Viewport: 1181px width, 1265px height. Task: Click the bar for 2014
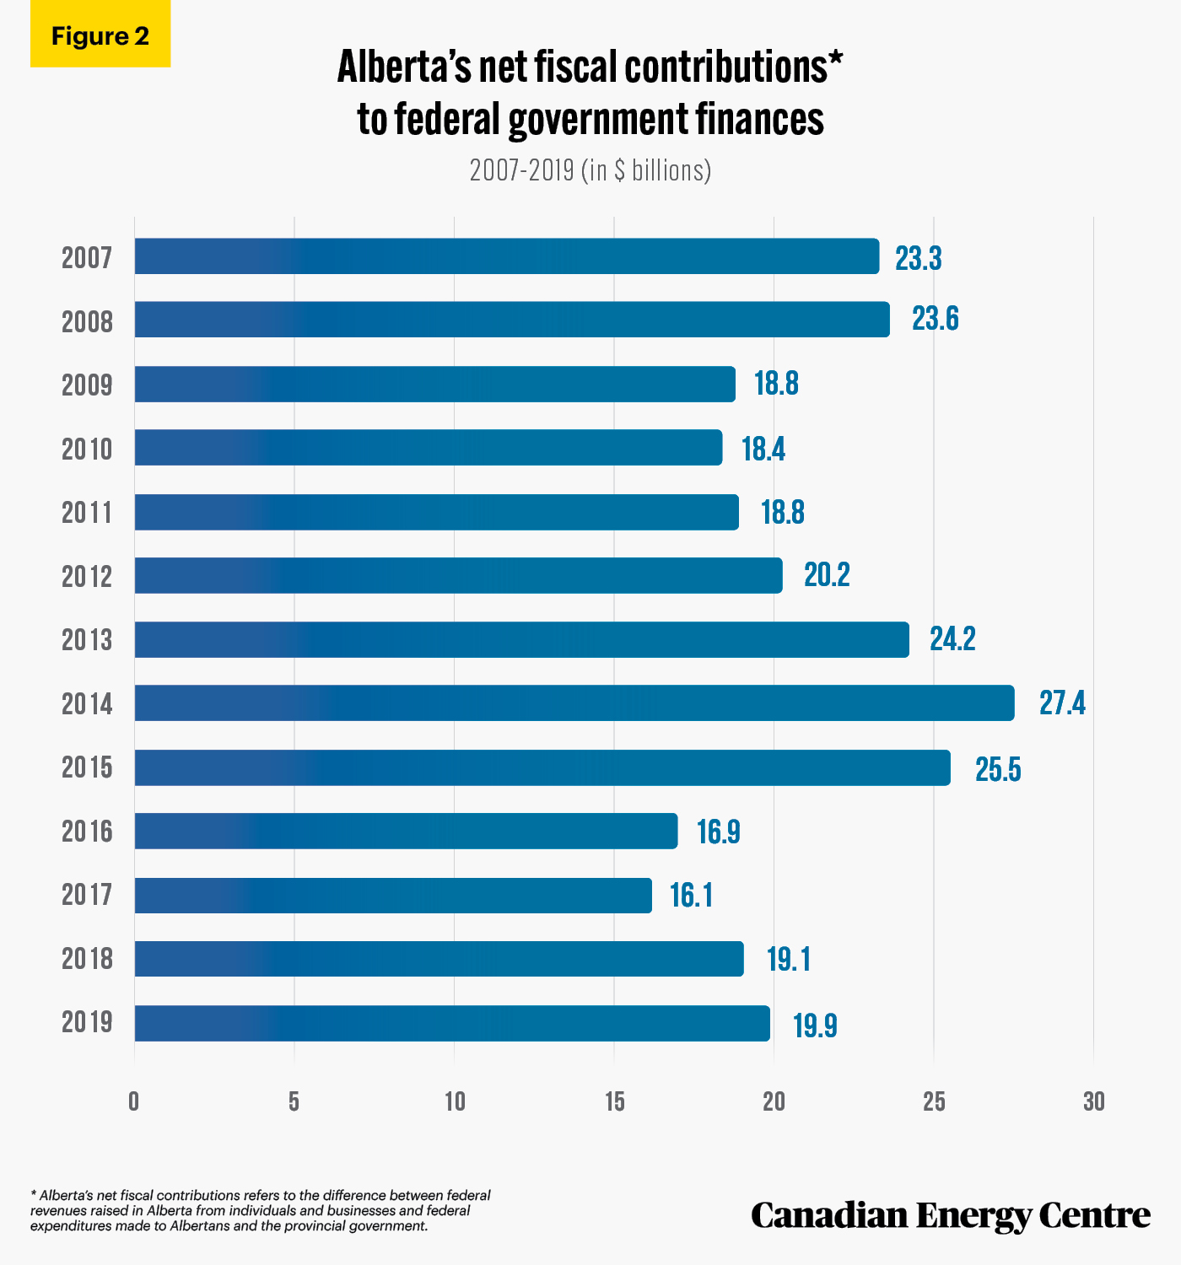click(x=574, y=702)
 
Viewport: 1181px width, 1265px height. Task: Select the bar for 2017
click(x=393, y=895)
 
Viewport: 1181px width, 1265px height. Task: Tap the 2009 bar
click(x=434, y=384)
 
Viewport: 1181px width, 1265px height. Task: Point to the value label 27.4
click(x=1062, y=702)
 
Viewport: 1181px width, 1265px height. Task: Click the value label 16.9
click(x=718, y=832)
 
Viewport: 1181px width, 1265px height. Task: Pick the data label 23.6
click(x=935, y=319)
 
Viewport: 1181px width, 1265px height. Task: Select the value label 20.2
click(x=827, y=574)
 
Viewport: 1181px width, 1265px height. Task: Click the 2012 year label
click(x=87, y=577)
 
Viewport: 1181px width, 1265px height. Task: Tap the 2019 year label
click(x=87, y=1021)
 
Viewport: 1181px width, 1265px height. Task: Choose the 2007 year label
click(x=87, y=257)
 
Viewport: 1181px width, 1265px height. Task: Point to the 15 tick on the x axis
click(x=614, y=1101)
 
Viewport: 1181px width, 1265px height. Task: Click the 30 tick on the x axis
click(x=1093, y=1101)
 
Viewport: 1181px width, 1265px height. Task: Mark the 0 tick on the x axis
click(x=134, y=1101)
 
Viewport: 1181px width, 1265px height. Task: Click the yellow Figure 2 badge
click(x=100, y=34)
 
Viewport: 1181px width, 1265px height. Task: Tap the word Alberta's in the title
click(x=404, y=67)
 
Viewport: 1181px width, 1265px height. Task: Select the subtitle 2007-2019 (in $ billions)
click(x=590, y=170)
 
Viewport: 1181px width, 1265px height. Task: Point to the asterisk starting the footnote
click(x=33, y=1193)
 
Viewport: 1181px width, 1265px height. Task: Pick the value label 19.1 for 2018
click(x=789, y=959)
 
